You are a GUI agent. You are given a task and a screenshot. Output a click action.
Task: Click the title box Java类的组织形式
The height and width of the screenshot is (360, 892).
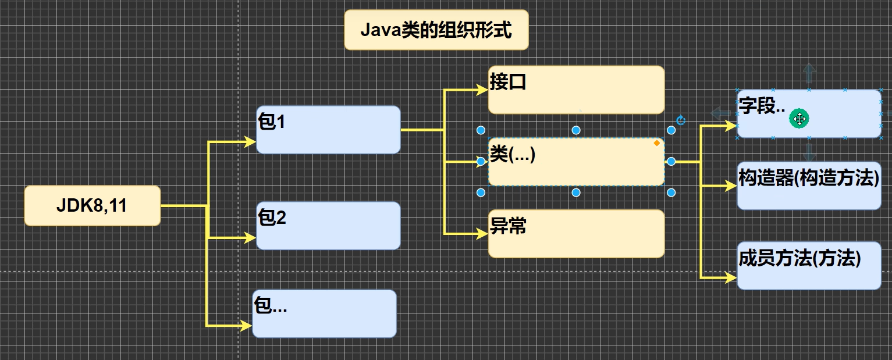436,30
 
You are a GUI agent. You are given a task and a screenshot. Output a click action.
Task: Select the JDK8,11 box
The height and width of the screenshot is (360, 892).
92,206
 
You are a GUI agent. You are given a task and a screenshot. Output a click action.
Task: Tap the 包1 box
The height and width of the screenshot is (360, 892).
328,130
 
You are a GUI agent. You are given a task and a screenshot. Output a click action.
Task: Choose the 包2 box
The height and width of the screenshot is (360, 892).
328,226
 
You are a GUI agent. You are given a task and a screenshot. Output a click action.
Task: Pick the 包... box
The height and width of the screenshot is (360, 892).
324,313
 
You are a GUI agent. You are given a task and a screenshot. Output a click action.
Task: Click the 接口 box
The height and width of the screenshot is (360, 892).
575,90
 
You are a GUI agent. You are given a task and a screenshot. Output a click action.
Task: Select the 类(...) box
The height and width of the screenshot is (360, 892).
575,162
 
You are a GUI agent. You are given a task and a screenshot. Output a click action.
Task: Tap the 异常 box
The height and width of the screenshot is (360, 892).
575,234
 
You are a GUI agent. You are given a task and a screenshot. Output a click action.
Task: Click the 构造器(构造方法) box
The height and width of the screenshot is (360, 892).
809,186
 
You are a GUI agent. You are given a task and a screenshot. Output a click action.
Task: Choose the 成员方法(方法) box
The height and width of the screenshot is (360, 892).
809,266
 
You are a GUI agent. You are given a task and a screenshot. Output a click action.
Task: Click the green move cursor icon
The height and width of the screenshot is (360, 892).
799,119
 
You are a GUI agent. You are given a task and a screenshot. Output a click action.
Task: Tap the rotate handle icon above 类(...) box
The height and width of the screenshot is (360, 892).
681,121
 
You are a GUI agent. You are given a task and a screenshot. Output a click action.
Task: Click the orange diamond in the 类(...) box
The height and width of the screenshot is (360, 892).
657,143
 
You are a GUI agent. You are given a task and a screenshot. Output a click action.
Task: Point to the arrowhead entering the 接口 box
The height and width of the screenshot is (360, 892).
482,90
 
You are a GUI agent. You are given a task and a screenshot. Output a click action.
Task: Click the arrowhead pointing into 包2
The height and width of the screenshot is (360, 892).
250,237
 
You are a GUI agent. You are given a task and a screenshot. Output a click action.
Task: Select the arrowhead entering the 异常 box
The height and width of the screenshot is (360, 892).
482,234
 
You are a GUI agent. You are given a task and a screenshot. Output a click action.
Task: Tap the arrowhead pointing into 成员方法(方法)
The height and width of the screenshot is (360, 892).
731,278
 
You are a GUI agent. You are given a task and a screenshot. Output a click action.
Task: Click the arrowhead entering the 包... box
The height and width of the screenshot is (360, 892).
246,326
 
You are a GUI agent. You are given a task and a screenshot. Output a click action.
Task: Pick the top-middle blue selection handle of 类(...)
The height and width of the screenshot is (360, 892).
575,130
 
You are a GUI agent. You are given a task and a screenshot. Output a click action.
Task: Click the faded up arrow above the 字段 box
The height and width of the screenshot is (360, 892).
809,74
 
